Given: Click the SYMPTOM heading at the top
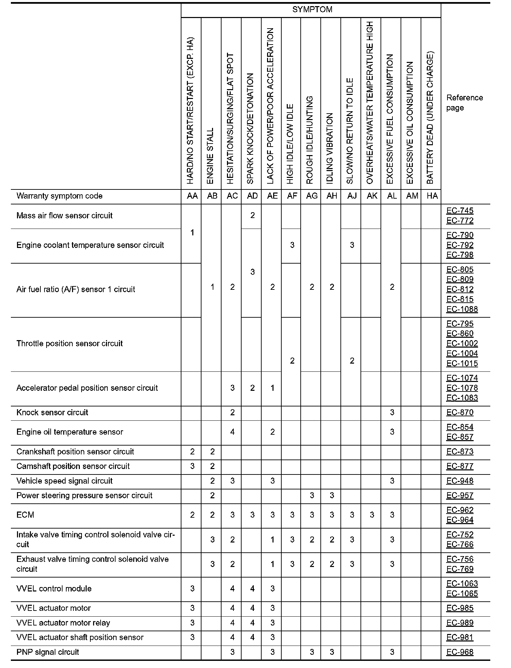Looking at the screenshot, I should pos(312,10).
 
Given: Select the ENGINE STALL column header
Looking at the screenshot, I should pos(210,156).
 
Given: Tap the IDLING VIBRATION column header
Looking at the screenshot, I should pos(330,148).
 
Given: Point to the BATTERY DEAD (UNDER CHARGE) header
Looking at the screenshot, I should pos(430,118).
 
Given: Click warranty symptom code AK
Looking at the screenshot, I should pos(372,196).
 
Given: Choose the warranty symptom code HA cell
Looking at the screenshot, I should pos(432,196).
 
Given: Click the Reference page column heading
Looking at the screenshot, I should pos(464,103).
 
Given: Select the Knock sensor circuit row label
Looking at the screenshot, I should pos(52,413).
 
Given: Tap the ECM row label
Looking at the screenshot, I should pos(25,515).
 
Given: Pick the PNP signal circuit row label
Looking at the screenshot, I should pos(48,652).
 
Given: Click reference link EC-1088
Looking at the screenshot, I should pos(462,309).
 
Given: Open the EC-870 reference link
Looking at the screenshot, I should pos(460,413).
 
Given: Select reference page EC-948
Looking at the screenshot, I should pos(460,481).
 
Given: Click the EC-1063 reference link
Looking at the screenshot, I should pos(462,584).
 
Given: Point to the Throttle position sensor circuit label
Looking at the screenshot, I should pos(70,344).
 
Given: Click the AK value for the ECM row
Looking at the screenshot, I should pos(372,515).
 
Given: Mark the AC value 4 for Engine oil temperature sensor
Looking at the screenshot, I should pos(232,432).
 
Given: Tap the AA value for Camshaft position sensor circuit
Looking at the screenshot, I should pos(192,466).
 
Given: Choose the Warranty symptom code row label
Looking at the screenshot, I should pos(59,196).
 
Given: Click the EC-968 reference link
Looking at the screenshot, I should pos(460,652).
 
